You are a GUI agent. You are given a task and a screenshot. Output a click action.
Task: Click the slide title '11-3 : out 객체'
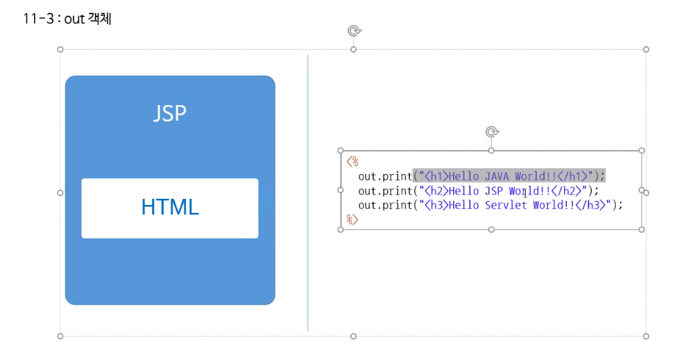pos(67,18)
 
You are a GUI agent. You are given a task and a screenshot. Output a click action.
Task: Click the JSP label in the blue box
pos(170,113)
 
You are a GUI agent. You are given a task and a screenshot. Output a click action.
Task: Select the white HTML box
pos(170,207)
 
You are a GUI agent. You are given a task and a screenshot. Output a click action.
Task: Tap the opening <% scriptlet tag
pos(352,162)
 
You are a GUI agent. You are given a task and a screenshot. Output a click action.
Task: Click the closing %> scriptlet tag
pos(352,219)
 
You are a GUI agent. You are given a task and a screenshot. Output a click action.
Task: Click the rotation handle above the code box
pos(491,132)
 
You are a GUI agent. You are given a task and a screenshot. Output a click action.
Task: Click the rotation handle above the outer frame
pos(354,31)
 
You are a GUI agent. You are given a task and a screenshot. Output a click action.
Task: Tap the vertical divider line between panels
pos(308,192)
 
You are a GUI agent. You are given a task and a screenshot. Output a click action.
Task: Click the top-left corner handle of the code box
pos(341,151)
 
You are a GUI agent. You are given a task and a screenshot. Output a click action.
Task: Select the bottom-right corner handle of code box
pos(641,229)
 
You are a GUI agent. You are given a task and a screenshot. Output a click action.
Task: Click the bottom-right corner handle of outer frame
pos(646,336)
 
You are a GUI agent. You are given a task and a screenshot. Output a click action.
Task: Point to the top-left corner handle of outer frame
pos(60,50)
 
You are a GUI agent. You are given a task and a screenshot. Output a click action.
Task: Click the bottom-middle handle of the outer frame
pos(353,336)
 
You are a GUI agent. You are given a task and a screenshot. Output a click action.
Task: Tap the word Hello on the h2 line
pos(465,190)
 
